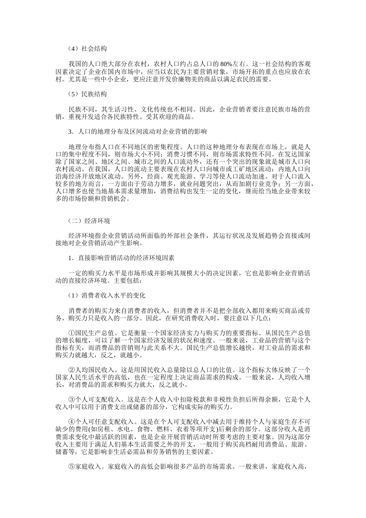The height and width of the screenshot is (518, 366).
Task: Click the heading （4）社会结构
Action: (87, 49)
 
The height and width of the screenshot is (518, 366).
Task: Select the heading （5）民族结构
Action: (87, 94)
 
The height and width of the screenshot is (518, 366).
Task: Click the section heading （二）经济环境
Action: (89, 220)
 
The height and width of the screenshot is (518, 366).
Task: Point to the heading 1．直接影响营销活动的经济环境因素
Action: (121, 258)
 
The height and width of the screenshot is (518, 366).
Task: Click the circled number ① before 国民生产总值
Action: (72, 333)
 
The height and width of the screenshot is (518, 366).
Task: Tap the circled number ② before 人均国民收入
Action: (72, 370)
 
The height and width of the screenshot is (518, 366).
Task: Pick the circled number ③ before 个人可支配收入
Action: (72, 400)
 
